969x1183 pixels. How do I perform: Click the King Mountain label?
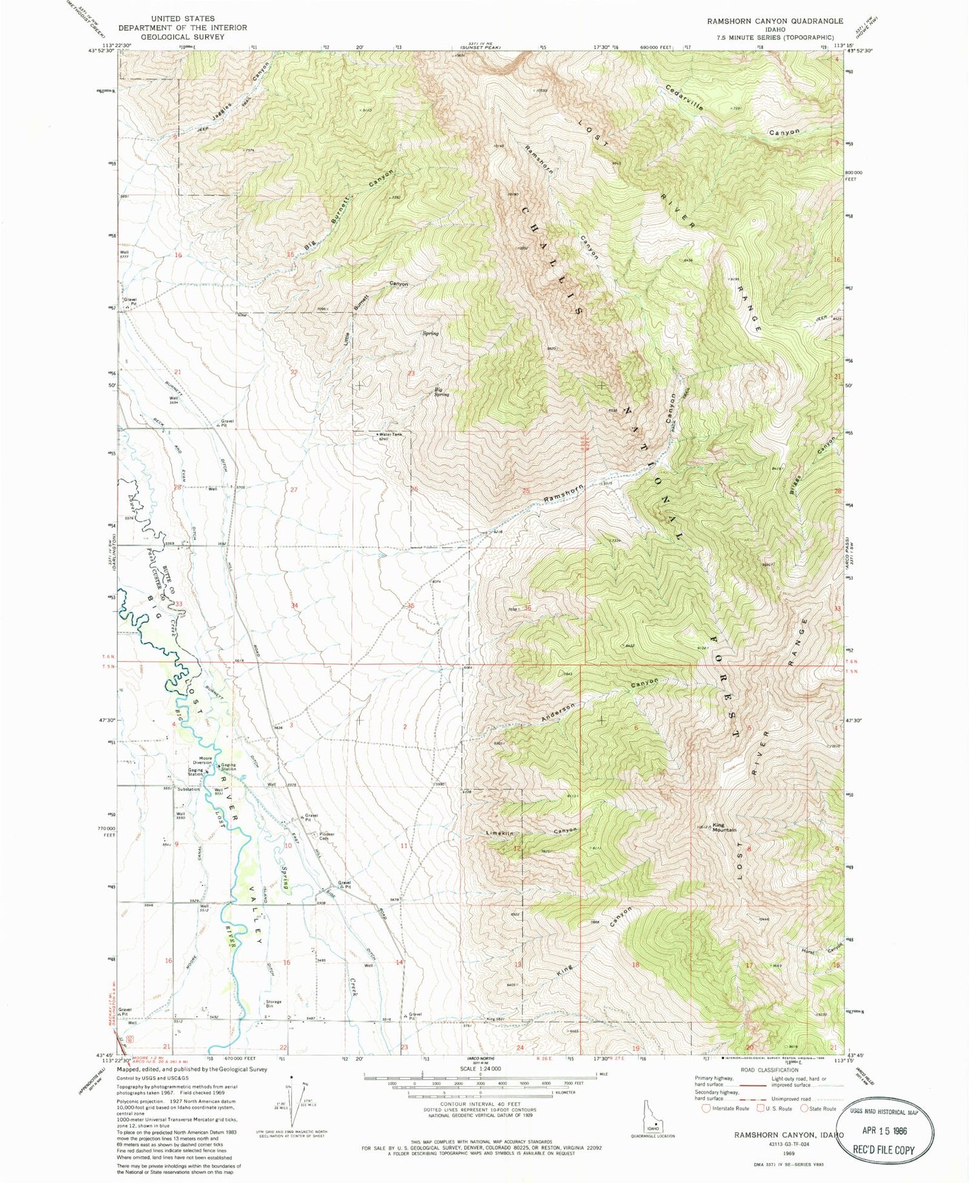pyautogui.click(x=724, y=827)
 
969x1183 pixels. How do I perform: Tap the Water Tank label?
pyautogui.click(x=390, y=434)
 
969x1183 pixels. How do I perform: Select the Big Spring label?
pyautogui.click(x=442, y=392)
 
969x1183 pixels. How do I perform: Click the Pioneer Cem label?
pyautogui.click(x=327, y=837)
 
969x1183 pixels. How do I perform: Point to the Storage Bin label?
pyautogui.click(x=273, y=1004)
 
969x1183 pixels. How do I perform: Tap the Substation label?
pyautogui.click(x=189, y=789)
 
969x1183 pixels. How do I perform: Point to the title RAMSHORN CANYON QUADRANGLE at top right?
pyautogui.click(x=775, y=21)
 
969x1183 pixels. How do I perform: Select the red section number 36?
pyautogui.click(x=527, y=608)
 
